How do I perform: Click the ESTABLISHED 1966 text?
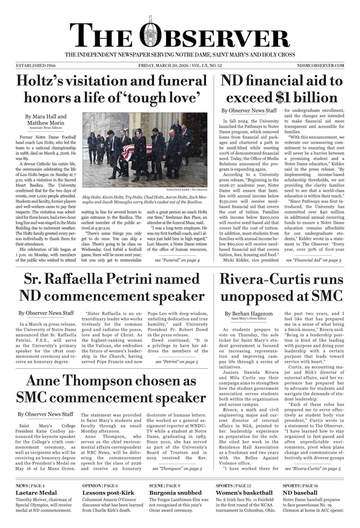36,66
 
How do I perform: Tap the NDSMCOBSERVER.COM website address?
320,66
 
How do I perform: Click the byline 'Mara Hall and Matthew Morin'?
46,120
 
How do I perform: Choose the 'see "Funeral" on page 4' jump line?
177,260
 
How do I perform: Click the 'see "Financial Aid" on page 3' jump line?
313,260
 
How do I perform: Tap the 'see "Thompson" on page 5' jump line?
177,469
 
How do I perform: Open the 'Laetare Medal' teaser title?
36,493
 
